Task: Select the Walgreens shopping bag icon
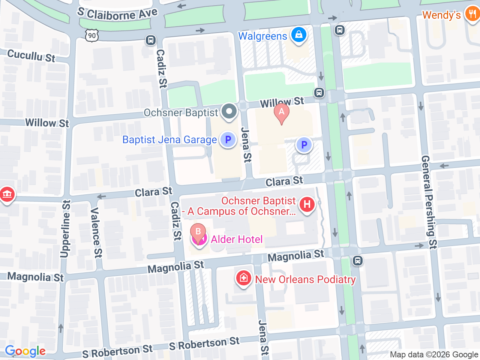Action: click(298, 35)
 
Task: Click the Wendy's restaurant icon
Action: click(472, 15)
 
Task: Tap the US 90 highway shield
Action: click(92, 36)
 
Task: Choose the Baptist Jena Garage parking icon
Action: click(228, 140)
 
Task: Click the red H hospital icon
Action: click(307, 205)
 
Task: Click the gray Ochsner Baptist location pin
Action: click(229, 111)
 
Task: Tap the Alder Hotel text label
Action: click(237, 239)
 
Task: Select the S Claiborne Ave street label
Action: click(117, 14)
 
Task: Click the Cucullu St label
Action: click(31, 56)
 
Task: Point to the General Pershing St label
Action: click(429, 202)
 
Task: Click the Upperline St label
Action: click(66, 229)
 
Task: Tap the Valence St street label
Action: click(96, 232)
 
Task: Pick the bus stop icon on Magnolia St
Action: click(358, 260)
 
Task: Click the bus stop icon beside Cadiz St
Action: click(151, 40)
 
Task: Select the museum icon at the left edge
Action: click(7, 195)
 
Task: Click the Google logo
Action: click(25, 351)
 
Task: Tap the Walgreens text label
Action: click(262, 36)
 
